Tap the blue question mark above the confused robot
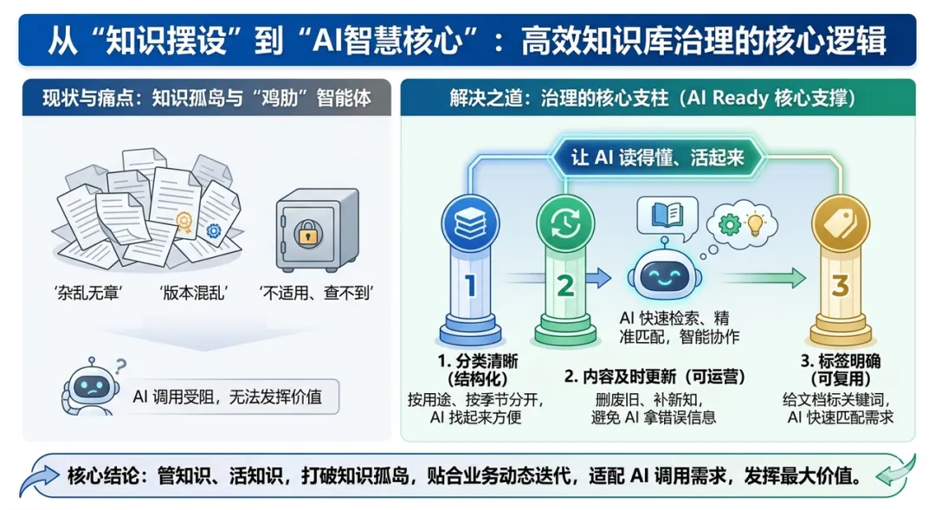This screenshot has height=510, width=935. coord(121,365)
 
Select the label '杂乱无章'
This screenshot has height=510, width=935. coord(87,293)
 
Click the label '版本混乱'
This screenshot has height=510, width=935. coord(194,293)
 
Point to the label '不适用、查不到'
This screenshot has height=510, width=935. coord(316,293)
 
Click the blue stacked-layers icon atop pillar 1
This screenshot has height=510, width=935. coord(470,223)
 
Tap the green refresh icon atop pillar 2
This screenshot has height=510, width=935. coord(565,223)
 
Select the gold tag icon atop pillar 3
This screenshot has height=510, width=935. coord(841,223)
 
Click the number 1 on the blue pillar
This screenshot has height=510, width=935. coord(470,286)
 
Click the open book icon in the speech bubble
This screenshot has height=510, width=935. coord(667,215)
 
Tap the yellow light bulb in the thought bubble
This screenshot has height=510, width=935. coord(756,224)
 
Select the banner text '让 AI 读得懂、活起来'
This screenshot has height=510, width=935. coord(657,158)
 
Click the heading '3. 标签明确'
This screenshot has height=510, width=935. coord(840,361)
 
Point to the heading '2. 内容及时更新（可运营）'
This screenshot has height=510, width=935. coord(654,377)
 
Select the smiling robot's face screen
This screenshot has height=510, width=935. coord(665,275)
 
